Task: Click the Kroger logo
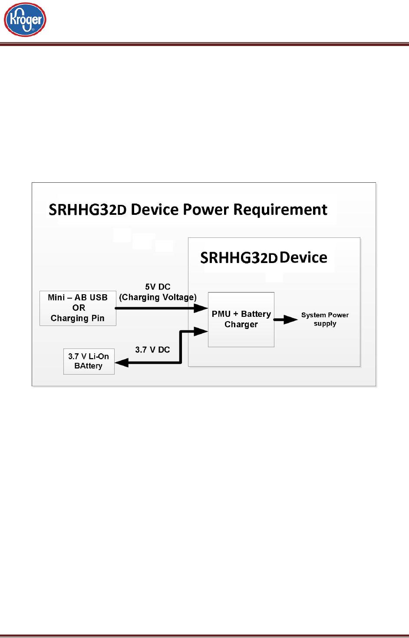coord(25,20)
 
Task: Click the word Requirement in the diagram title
coord(280,210)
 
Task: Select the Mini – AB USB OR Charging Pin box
coord(78,308)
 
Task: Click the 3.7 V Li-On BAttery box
coord(89,361)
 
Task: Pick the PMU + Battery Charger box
coord(241,319)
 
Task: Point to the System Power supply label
coord(325,319)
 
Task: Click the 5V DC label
coord(158,287)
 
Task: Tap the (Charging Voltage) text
coord(158,297)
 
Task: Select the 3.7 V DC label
coord(152,350)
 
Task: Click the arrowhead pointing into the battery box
coord(121,363)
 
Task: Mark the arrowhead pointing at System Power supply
coord(291,320)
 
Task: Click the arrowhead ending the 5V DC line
coord(201,308)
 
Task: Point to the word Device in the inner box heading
coord(303,257)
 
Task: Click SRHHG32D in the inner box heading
coord(238,258)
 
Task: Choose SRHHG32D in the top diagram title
coord(87,210)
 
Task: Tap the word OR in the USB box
coord(79,308)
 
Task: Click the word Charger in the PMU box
coord(241,325)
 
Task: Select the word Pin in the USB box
coord(98,318)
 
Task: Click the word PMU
coord(221,314)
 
